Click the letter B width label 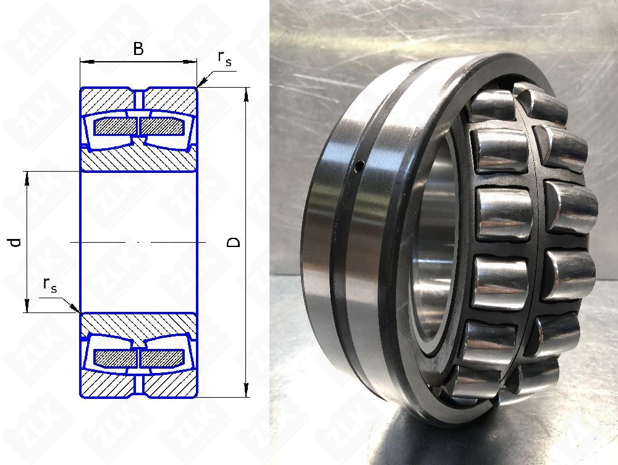(138, 49)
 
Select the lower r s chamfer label (50, 285)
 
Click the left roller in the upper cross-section (115, 127)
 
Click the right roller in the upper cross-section (162, 127)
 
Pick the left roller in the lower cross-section (115, 358)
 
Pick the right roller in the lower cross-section (162, 358)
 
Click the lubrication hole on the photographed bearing (359, 165)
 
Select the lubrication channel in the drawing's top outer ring (138, 99)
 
